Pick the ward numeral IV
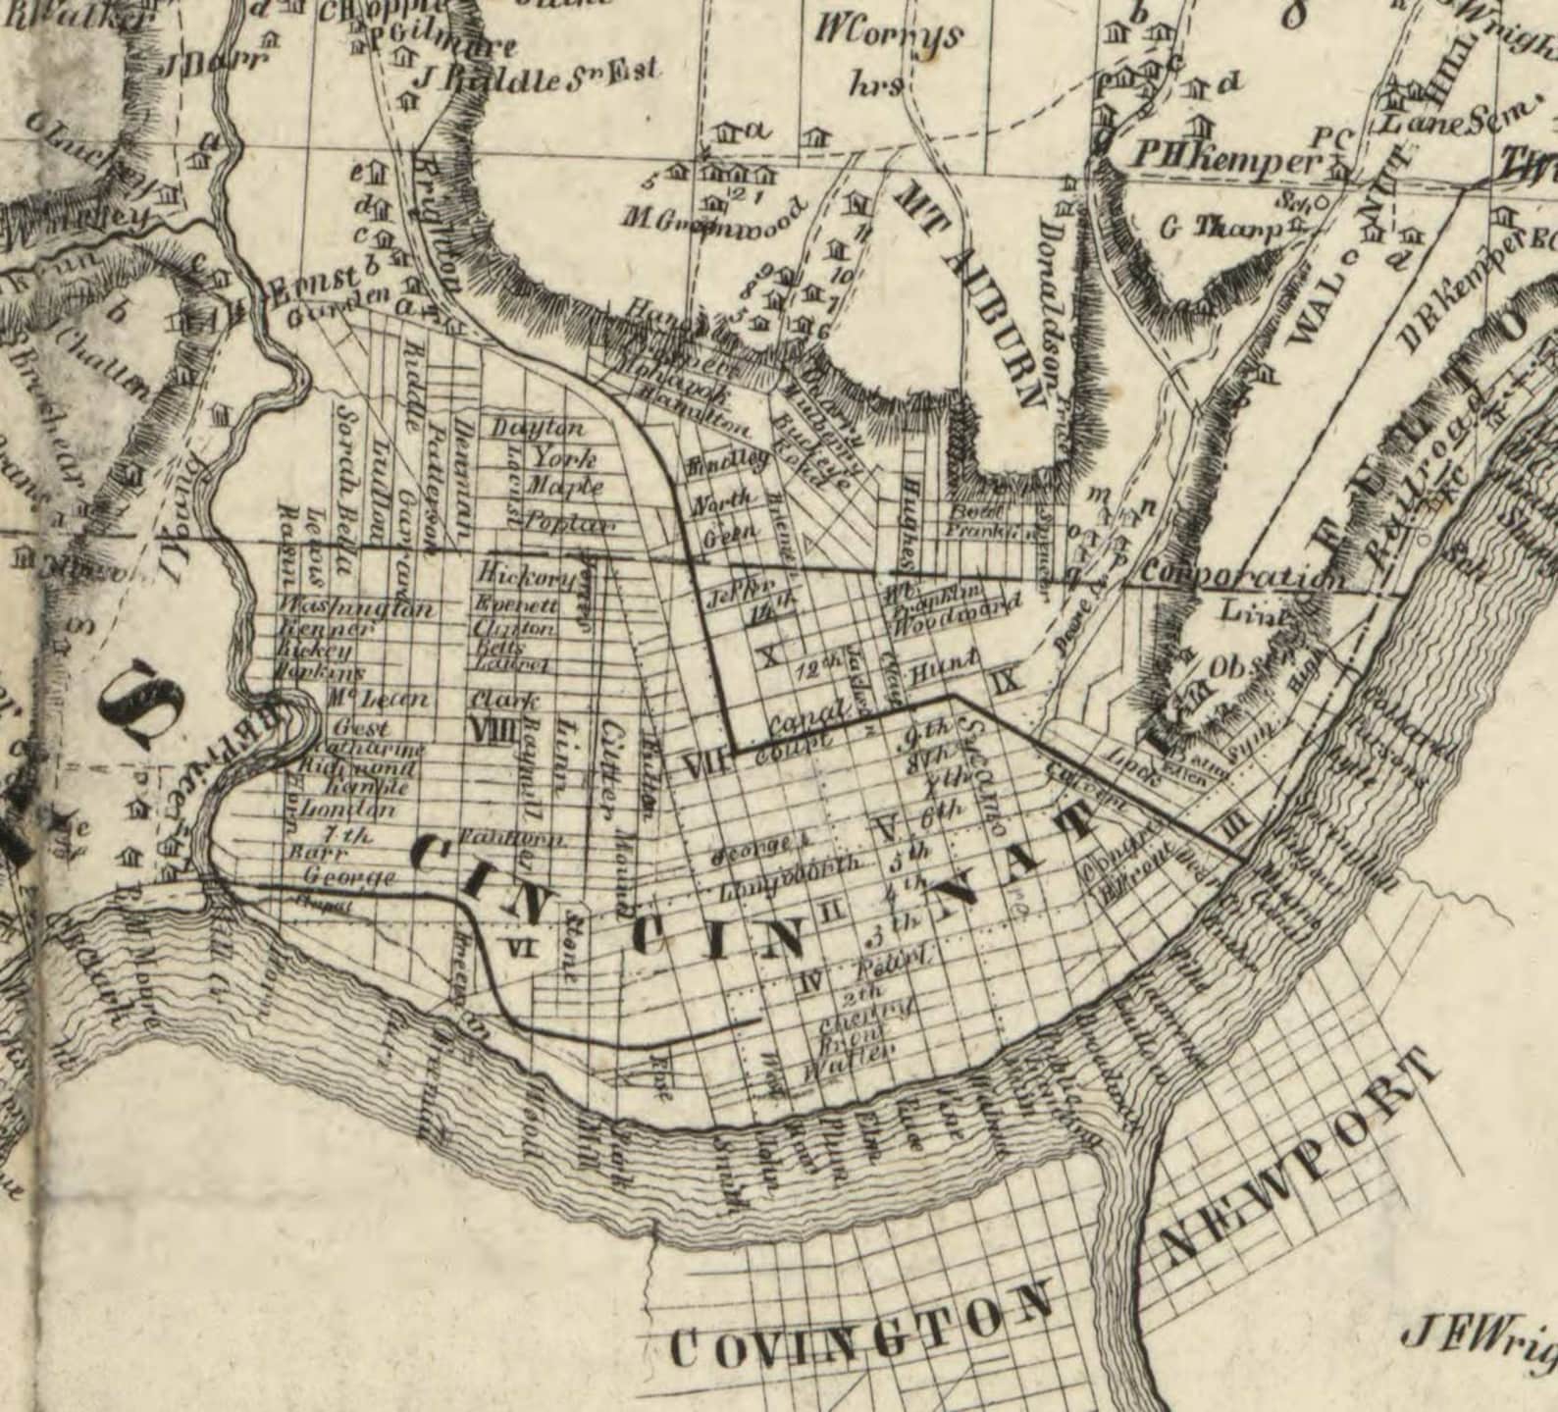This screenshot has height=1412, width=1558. tap(807, 978)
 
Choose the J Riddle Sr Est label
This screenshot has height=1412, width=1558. tap(538, 77)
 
